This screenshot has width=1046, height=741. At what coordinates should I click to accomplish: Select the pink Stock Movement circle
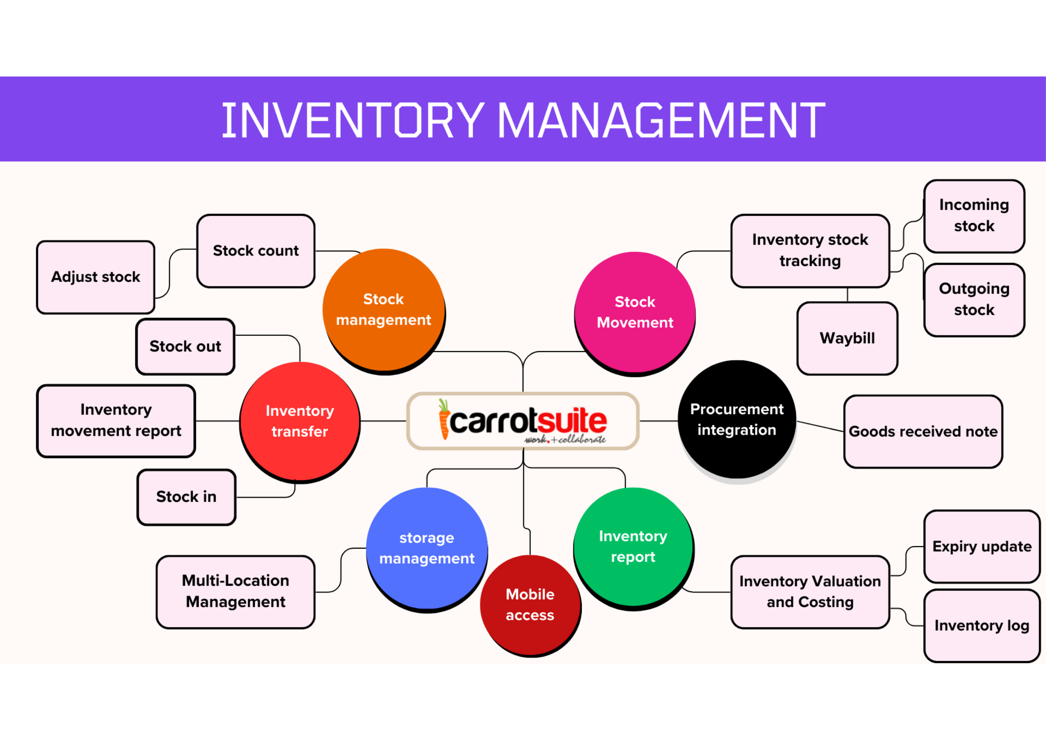tap(635, 312)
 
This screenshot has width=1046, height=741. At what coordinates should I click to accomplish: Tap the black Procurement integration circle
tap(737, 419)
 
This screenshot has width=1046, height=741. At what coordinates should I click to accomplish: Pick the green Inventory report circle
tap(633, 546)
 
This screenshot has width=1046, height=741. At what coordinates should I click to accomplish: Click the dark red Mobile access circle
tap(530, 605)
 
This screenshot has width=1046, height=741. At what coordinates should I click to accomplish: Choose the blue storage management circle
tap(427, 547)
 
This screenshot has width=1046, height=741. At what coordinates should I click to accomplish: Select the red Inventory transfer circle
tap(300, 421)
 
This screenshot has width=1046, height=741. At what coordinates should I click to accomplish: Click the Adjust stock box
tap(96, 277)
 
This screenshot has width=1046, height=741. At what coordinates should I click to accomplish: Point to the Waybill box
tap(847, 338)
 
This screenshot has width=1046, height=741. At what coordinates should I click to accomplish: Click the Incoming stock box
tap(974, 215)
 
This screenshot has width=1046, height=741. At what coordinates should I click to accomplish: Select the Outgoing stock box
tap(974, 299)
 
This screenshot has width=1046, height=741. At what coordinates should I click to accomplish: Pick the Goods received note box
tap(923, 431)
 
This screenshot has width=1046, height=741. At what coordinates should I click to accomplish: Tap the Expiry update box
tap(982, 546)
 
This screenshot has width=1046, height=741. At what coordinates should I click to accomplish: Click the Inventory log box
tap(982, 625)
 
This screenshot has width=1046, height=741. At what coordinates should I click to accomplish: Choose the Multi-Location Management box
tap(235, 591)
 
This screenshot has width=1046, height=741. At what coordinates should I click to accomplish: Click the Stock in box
tap(186, 496)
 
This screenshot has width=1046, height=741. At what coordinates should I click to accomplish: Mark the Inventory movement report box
tap(116, 420)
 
